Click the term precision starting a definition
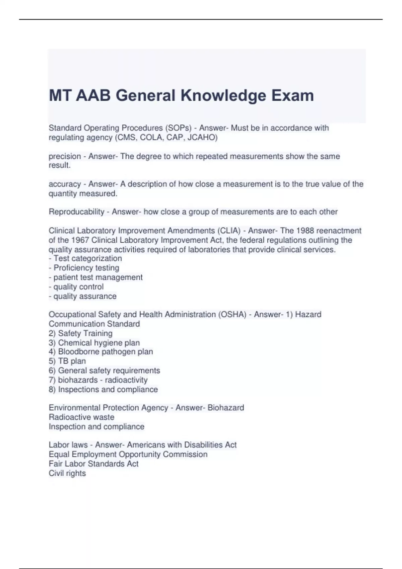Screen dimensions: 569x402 (x=65, y=156)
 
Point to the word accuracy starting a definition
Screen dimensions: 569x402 (x=65, y=184)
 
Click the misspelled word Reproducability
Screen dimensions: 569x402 (x=76, y=212)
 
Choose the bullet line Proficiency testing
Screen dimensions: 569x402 (x=86, y=268)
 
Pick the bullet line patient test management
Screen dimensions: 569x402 (x=98, y=277)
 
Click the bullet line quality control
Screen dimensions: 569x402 (x=78, y=287)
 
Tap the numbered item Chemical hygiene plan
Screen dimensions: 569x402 (x=98, y=343)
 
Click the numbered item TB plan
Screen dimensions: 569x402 (x=72, y=361)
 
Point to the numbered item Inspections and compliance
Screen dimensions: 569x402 (x=108, y=390)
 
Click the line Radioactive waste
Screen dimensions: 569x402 (x=81, y=417)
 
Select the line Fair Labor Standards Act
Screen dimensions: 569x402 (x=93, y=464)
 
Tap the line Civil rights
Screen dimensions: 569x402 (x=67, y=473)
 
